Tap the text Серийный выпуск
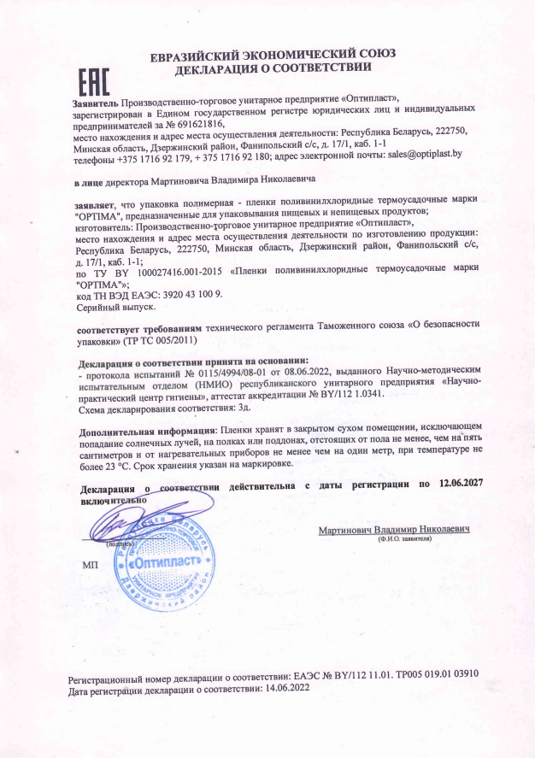click(106, 306)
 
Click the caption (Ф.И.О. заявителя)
click(404, 539)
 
